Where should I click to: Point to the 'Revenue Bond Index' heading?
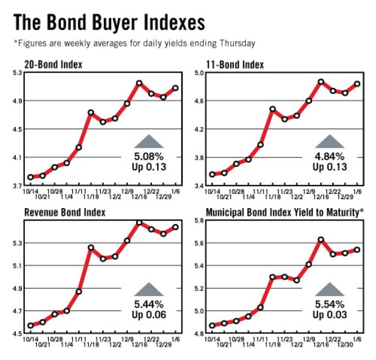click(x=65, y=212)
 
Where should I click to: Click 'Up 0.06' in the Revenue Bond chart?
click(x=149, y=315)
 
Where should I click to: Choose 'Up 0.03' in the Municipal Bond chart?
click(x=330, y=315)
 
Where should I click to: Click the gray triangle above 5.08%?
click(x=149, y=142)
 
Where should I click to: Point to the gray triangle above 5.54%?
click(x=330, y=290)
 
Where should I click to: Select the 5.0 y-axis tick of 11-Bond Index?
click(x=198, y=73)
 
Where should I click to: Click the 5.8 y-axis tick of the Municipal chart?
click(x=198, y=221)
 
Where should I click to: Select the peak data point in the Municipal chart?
click(x=321, y=239)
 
